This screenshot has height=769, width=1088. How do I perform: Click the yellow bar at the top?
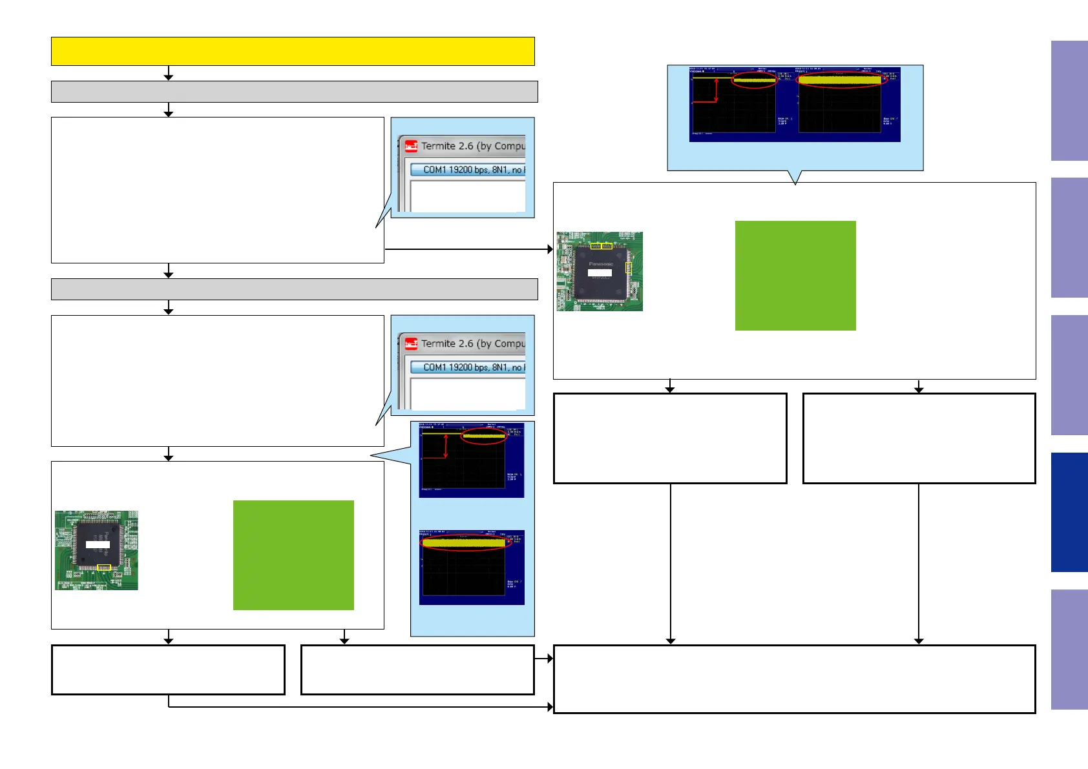click(x=293, y=51)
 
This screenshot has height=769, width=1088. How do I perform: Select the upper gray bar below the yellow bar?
click(x=294, y=92)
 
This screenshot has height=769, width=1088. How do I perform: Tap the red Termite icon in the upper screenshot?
click(x=411, y=147)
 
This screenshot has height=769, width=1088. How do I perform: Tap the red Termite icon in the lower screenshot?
click(x=411, y=344)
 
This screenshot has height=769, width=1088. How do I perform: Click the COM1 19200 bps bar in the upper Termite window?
click(x=468, y=170)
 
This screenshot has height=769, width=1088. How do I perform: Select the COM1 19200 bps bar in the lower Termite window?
click(x=468, y=367)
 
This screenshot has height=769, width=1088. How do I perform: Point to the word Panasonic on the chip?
click(x=600, y=263)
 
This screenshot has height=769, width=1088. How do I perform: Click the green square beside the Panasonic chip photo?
click(x=795, y=276)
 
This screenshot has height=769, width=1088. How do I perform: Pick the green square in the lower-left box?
click(x=293, y=555)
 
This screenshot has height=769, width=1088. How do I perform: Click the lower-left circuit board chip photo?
click(x=96, y=550)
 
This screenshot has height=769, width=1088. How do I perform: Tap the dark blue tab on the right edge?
click(x=1069, y=512)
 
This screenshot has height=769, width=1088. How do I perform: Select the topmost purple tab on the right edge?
click(x=1069, y=101)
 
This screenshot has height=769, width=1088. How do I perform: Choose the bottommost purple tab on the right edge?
click(x=1069, y=650)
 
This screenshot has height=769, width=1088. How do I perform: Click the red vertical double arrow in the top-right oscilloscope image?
click(x=716, y=90)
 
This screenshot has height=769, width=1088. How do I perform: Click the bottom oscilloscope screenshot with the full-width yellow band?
click(x=472, y=568)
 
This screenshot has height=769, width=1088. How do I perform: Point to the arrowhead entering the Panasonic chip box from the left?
click(x=550, y=249)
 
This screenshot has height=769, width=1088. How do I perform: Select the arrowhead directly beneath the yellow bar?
click(x=169, y=77)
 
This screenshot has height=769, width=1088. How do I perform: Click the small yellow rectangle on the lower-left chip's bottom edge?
click(x=103, y=568)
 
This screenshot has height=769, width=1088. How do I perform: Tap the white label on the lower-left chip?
click(x=98, y=545)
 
